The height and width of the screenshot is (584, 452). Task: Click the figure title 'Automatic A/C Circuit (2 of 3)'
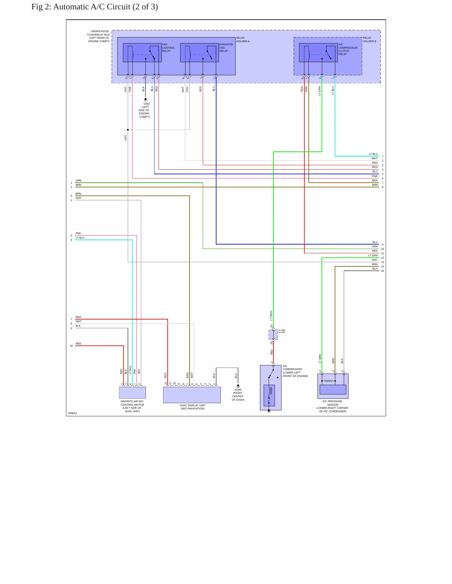coord(105,7)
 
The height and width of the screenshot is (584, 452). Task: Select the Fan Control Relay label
coord(168,48)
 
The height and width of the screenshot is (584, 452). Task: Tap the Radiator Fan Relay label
coord(226,48)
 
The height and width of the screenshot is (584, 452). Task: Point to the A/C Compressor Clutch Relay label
coord(348,49)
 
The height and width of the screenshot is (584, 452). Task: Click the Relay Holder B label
coord(369,40)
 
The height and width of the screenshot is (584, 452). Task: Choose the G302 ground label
coord(145,110)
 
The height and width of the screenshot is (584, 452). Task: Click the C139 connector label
coord(282,330)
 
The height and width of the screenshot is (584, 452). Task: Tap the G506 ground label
coord(238,395)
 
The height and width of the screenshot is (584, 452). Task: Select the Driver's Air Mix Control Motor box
coord(132,393)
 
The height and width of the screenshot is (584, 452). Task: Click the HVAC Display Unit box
coord(192,395)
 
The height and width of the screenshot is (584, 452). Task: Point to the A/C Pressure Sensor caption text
coord(333,406)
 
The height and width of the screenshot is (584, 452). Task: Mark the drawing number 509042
coord(73,413)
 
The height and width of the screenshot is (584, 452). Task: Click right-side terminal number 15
coord(382,271)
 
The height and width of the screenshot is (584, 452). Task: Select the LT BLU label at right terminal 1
coord(373,154)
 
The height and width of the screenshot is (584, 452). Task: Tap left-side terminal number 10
coord(71,346)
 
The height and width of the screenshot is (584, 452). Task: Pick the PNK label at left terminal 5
coord(78,233)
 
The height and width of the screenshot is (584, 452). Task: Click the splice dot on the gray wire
coord(128,130)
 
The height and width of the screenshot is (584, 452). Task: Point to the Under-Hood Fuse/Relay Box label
coord(99,36)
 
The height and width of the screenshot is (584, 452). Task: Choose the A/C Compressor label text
coord(295,371)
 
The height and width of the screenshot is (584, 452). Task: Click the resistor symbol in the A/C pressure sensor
coord(328,381)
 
